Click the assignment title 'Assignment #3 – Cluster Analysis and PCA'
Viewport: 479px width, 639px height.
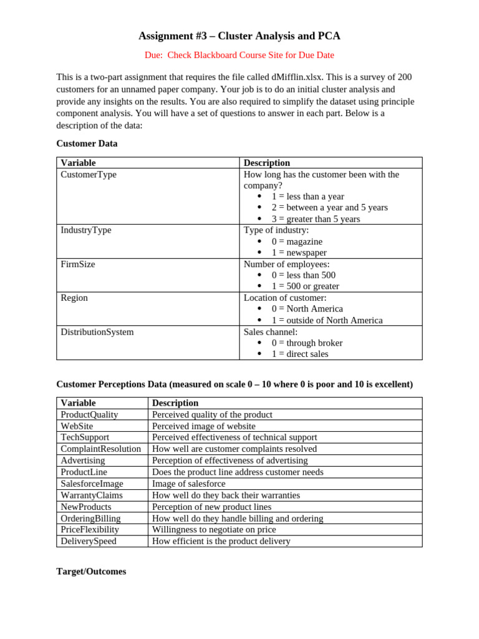[239, 36]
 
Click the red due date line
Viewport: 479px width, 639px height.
[239, 55]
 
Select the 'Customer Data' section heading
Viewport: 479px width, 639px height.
[87, 144]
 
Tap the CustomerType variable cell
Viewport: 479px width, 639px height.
[89, 175]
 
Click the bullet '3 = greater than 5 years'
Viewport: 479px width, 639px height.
[316, 219]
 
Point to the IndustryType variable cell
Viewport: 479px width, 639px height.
[86, 230]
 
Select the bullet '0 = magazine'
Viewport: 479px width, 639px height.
[297, 241]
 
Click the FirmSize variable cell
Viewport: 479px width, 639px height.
[78, 264]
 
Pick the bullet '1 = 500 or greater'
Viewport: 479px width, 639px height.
[305, 286]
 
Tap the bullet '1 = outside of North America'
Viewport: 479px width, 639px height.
[327, 320]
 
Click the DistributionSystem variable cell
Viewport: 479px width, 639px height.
[97, 332]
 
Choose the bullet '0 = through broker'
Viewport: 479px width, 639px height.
[307, 343]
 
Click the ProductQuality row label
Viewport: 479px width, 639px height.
[89, 414]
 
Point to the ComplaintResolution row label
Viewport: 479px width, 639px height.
[100, 449]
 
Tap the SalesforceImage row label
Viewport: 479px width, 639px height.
[92, 484]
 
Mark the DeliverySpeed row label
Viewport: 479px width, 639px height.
[89, 541]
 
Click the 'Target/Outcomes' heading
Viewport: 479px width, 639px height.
[91, 572]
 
